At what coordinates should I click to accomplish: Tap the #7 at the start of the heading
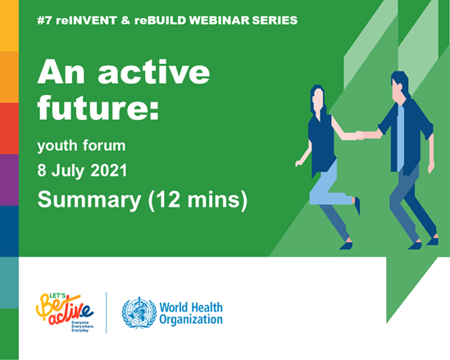44,21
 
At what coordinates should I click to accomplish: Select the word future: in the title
98,107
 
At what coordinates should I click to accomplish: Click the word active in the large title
154,71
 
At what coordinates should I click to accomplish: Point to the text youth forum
81,145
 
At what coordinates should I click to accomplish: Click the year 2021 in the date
109,171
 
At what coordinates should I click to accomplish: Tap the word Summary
89,200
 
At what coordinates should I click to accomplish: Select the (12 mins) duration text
198,200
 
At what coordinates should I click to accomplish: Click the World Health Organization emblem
139,312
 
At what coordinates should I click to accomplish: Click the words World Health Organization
191,313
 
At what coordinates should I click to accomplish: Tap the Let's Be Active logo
65,312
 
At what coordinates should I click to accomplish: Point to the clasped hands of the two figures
360,135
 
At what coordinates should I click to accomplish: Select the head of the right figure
399,86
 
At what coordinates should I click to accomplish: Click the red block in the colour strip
9,129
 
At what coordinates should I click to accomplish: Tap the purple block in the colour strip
9,180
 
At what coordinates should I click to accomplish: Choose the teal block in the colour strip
9,283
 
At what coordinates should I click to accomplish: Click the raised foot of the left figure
357,205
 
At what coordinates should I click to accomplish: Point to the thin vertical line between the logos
107,312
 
